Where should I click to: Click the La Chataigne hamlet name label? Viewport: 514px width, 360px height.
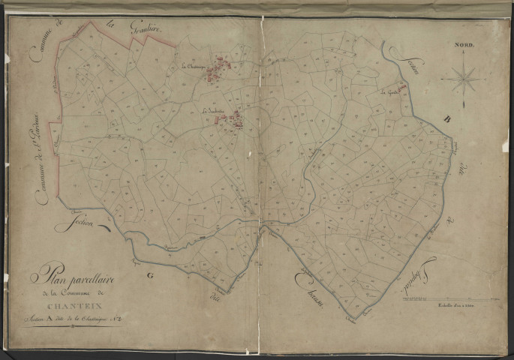(194, 66)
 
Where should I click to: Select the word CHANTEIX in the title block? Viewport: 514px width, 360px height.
(70, 305)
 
